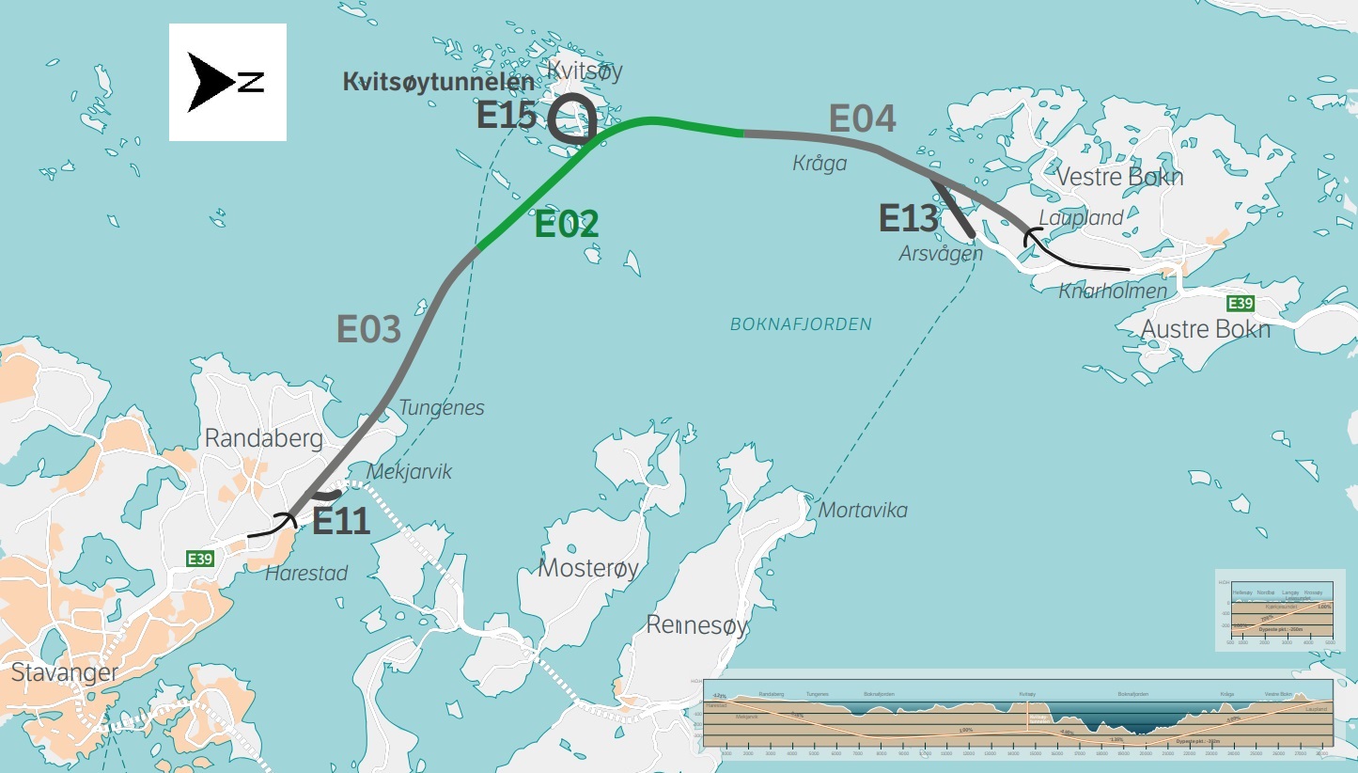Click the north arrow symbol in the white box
coord(226,82)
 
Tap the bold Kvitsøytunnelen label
coord(438,83)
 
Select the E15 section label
coord(507,115)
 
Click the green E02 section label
coord(567,225)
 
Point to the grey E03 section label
coord(369,330)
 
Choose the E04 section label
coord(862,119)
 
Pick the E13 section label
coord(909,219)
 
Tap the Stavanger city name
coord(65,673)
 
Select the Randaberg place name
coord(263,438)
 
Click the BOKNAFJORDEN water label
coord(801,324)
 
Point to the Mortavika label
coord(863,511)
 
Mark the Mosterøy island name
coord(588,568)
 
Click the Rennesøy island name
coord(696,626)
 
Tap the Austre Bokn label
coord(1205,329)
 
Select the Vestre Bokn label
coord(1119,177)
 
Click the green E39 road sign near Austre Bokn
coord(1241,304)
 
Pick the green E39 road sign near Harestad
coord(199,560)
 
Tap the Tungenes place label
coord(442,408)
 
